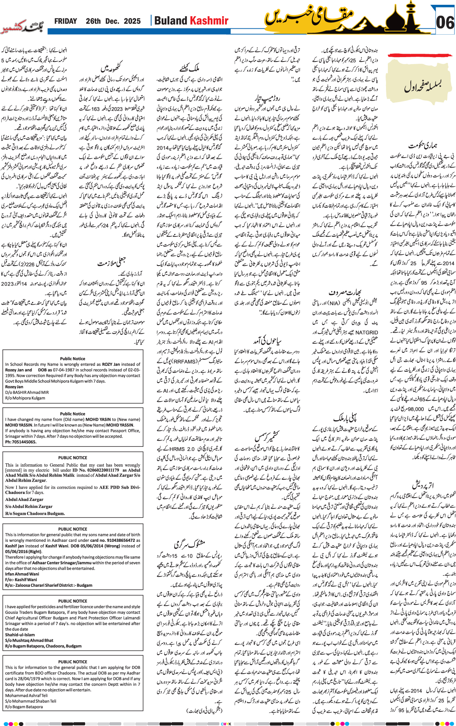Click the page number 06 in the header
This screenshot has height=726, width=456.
[x=445, y=22]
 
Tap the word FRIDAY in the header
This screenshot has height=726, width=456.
[x=66, y=21]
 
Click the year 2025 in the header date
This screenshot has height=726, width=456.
[x=132, y=21]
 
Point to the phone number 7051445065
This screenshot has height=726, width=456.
[x=21, y=442]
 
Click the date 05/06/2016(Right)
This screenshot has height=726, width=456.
[x=23, y=551]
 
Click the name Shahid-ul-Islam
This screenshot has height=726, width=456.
[x=20, y=635]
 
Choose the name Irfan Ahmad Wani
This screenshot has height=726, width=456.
[x=22, y=574]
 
